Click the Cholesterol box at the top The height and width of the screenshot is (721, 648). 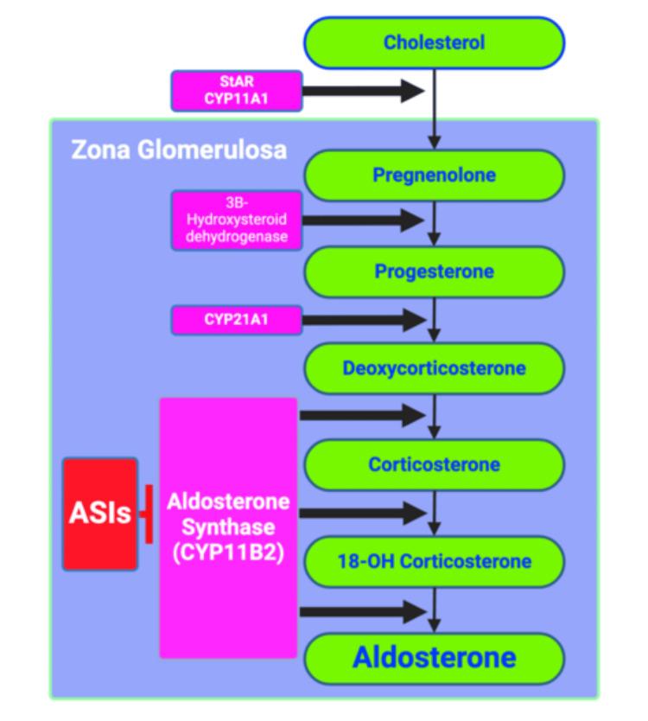[x=434, y=42]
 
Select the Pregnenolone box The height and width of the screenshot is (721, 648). [x=434, y=175]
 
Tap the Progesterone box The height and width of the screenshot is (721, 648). [x=434, y=271]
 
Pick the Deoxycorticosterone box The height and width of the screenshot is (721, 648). [x=434, y=368]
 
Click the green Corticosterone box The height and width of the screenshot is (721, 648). [x=434, y=464]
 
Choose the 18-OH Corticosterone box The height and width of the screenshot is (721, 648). [x=434, y=561]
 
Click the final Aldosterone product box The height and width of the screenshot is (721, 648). [x=434, y=658]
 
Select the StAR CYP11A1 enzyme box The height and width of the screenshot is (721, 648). [x=237, y=91]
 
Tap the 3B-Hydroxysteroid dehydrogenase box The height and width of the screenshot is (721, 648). [x=237, y=220]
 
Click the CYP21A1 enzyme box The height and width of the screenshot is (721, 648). [x=237, y=319]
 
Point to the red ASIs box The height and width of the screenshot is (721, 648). [x=100, y=514]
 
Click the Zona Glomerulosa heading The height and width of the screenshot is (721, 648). [x=178, y=150]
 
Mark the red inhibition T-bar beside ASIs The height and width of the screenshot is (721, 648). [x=148, y=514]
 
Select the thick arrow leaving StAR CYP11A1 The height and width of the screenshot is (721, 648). [x=363, y=91]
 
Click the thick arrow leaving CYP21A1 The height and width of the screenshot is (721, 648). [x=363, y=320]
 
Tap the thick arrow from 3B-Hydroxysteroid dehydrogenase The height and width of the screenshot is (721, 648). [x=363, y=220]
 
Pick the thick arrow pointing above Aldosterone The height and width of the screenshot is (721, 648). [x=363, y=612]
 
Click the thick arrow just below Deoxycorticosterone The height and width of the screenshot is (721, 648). [x=363, y=415]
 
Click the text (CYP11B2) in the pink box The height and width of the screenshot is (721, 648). [x=228, y=552]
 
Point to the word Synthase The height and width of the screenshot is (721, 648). [x=228, y=526]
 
